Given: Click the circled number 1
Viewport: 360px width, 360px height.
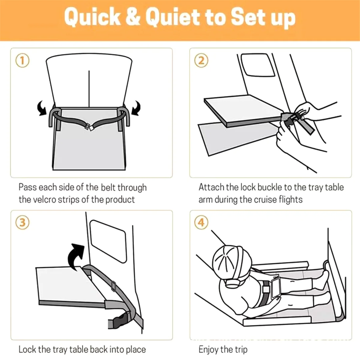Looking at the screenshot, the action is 22,61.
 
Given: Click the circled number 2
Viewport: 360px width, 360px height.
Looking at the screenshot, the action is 201,61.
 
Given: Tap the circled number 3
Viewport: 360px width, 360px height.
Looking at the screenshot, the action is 22,223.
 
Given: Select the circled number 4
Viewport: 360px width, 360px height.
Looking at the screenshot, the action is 201,223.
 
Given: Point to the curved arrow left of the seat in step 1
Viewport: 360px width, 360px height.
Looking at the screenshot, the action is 42,108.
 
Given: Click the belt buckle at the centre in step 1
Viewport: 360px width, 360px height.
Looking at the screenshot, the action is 90,127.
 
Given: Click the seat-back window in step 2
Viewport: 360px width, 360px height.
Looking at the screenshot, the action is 258,65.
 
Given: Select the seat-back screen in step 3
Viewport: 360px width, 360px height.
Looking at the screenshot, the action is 108,241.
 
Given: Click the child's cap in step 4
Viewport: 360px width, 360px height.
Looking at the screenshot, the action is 232,260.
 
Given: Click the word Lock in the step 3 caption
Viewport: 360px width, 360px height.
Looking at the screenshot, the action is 26,349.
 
